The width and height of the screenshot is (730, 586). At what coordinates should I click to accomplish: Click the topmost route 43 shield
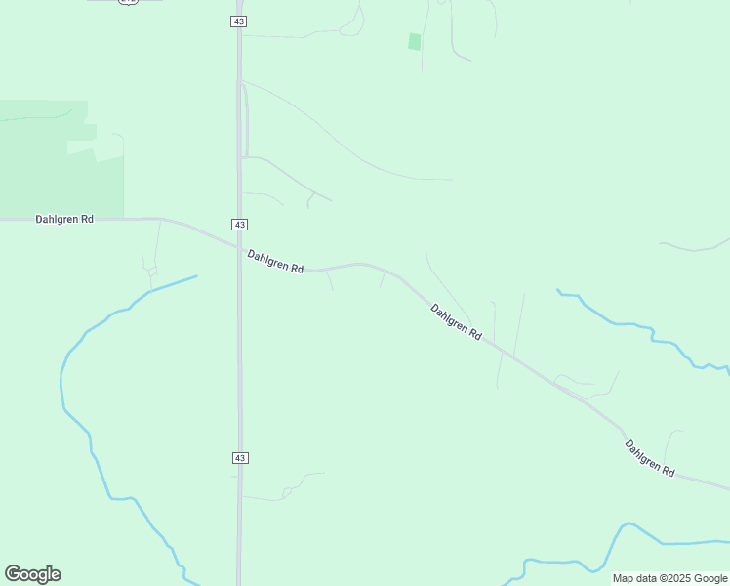pyautogui.click(x=239, y=21)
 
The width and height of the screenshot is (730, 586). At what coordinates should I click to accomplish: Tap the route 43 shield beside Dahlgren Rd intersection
pyautogui.click(x=239, y=224)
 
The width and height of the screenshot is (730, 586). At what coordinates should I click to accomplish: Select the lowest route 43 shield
pyautogui.click(x=240, y=457)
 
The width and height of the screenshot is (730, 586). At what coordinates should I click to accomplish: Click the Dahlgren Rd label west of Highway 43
pyautogui.click(x=64, y=220)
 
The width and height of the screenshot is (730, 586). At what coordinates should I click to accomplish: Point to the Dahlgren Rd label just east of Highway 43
pyautogui.click(x=275, y=262)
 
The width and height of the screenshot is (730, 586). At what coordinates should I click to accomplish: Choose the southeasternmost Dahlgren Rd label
pyautogui.click(x=650, y=458)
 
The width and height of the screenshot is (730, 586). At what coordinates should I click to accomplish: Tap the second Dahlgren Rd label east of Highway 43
pyautogui.click(x=457, y=321)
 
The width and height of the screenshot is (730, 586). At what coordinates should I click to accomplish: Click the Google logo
pyautogui.click(x=32, y=574)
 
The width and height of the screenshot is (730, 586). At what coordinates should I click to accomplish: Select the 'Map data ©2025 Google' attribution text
pyautogui.click(x=669, y=578)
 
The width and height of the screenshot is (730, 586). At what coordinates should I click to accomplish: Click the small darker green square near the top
pyautogui.click(x=414, y=41)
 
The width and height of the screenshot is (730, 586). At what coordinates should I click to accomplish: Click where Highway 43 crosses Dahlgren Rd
pyautogui.click(x=239, y=245)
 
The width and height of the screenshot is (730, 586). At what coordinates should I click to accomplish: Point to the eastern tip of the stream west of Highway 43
pyautogui.click(x=196, y=276)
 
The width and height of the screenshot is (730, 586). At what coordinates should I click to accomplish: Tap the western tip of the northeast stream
pyautogui.click(x=557, y=290)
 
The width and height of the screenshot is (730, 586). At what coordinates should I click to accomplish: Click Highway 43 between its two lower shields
pyautogui.click(x=239, y=342)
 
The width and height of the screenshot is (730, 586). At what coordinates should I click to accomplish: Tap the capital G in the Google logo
pyautogui.click(x=13, y=574)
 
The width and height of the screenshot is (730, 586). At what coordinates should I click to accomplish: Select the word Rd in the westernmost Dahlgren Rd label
pyautogui.click(x=87, y=220)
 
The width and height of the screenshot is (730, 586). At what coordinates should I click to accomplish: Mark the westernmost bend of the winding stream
pyautogui.click(x=61, y=381)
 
